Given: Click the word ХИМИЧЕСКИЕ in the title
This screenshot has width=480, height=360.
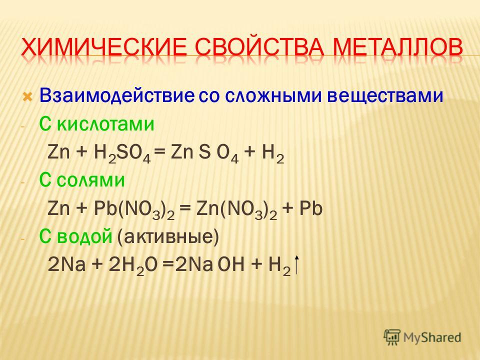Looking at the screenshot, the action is [104, 47].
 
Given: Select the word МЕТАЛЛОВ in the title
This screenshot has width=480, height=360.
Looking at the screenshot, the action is [397, 47].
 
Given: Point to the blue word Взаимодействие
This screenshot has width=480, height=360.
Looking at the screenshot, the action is [116, 96].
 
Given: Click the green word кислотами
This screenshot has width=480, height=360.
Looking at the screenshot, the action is [105, 124].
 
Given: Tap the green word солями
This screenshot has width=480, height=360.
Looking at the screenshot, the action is [90, 180].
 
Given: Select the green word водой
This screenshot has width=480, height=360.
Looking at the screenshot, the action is [85, 236].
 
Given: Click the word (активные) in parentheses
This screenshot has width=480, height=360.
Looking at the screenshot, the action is [168, 237].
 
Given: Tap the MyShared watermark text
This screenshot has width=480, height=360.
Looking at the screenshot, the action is [432, 337].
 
